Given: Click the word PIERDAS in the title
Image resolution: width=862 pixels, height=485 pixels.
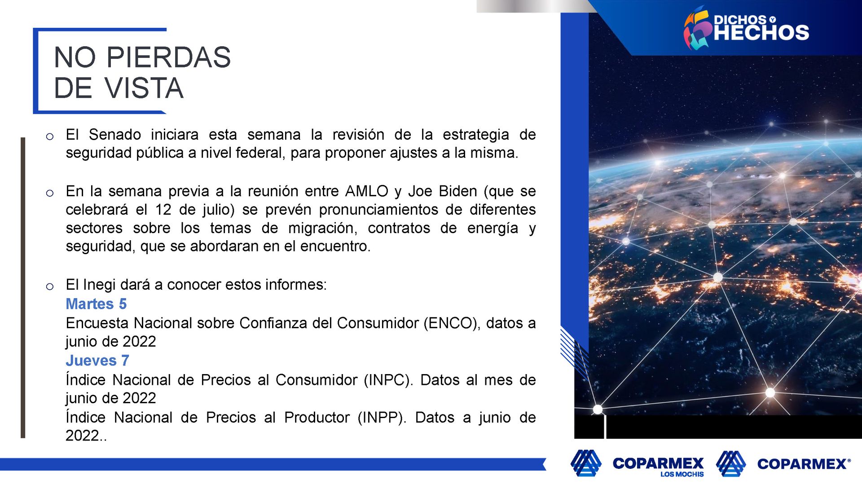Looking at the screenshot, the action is (x=168, y=57).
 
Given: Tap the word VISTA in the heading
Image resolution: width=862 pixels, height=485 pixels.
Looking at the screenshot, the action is (x=144, y=88).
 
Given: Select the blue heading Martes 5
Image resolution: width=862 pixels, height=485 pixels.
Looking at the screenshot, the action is (x=96, y=304).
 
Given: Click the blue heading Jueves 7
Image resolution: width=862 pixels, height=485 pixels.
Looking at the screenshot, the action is (x=97, y=361).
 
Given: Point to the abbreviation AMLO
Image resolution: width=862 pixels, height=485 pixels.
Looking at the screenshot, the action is (x=366, y=191).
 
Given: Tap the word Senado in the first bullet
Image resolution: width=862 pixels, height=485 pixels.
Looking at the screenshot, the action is (x=114, y=135).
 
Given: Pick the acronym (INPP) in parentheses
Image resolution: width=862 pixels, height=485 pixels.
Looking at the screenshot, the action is (x=382, y=418).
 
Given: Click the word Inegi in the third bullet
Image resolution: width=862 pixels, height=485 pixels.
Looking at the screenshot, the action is (x=100, y=285).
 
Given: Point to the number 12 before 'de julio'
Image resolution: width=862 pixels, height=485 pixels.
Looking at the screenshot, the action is (x=163, y=210).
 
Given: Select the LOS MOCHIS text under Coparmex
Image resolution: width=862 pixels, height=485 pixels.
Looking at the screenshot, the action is (x=682, y=474).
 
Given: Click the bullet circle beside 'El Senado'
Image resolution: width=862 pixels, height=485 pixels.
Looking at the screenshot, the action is (x=50, y=137).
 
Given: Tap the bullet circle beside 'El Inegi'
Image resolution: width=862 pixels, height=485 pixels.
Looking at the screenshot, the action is (x=50, y=287).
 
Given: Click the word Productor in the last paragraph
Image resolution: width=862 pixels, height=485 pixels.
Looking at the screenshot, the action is (x=317, y=418).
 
